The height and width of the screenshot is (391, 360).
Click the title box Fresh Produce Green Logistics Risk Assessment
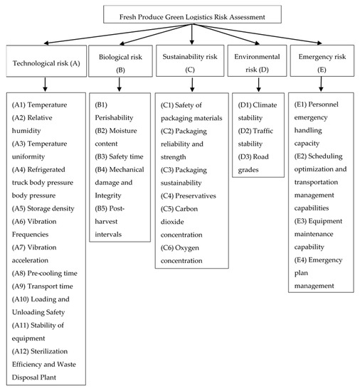click(192, 14)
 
